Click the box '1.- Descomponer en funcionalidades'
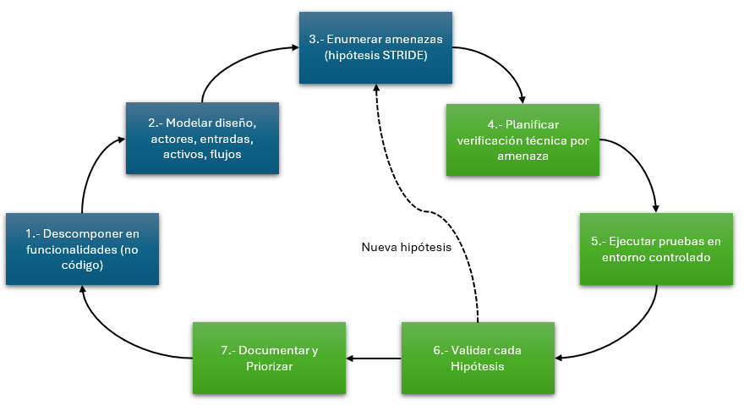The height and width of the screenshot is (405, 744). pos(83,249)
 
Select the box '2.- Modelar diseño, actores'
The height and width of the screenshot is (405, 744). pos(203,138)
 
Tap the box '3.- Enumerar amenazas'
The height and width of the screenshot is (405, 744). pos(375,48)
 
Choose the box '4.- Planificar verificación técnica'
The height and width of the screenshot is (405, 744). pos(522,140)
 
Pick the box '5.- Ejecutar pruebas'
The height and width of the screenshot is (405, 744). pos(656,249)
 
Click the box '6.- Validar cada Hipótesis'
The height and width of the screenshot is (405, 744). pos(478,358)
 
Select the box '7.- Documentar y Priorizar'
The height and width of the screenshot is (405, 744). pos(269,358)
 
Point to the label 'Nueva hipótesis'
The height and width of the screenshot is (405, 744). pos(406,247)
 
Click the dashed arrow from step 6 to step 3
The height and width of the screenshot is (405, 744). pos(424,211)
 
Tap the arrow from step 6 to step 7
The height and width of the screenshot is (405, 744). pos(374,358)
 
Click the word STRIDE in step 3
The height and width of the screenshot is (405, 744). pos(401,56)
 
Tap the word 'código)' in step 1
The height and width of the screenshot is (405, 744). pos(82,265)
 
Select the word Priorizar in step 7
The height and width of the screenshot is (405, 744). pos(269,367)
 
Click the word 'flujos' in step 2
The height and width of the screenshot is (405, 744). pos(226,155)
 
